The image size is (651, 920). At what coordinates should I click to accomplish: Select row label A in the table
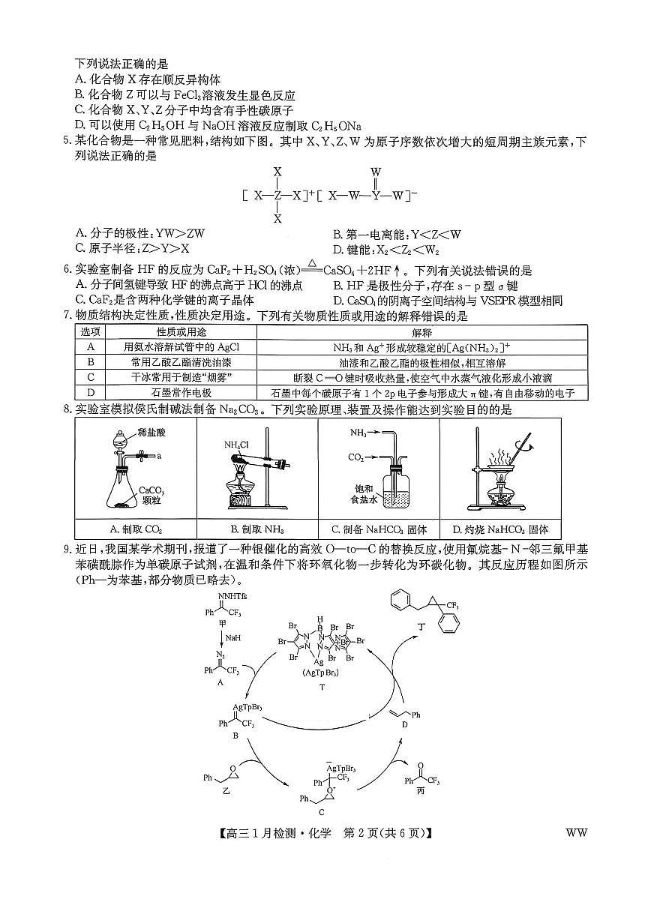(x=91, y=347)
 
